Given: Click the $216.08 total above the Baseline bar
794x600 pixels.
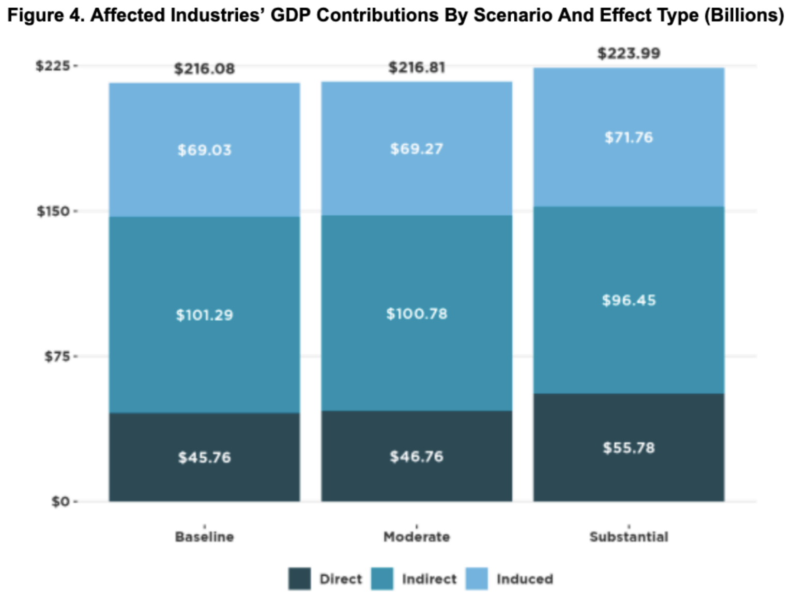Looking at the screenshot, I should [204, 69].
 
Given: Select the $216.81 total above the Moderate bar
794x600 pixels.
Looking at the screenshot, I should [417, 68].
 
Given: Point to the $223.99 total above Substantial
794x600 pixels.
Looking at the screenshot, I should [629, 53].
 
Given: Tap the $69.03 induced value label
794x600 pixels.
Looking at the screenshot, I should [204, 150].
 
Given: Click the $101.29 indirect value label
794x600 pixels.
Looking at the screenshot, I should [204, 315].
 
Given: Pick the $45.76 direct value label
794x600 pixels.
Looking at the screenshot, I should [204, 457].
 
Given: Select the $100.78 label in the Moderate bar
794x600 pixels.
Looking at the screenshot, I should [417, 313].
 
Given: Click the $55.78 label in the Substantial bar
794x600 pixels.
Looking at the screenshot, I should [629, 447].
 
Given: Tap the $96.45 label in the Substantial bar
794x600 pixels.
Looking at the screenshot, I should [629, 300].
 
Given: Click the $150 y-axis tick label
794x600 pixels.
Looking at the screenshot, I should [54, 211].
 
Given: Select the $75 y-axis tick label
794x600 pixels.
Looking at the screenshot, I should [57, 356].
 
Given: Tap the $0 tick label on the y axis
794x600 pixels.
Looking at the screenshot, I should [60, 502].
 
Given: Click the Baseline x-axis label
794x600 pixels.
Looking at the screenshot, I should [204, 537].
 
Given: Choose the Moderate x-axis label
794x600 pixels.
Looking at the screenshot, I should [417, 537].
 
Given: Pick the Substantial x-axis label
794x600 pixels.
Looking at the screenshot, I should [629, 537].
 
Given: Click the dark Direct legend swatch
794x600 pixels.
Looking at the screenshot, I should [299, 579].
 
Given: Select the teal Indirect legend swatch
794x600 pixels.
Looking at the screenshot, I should [382, 579].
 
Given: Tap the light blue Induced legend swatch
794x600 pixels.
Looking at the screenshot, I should [477, 579].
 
